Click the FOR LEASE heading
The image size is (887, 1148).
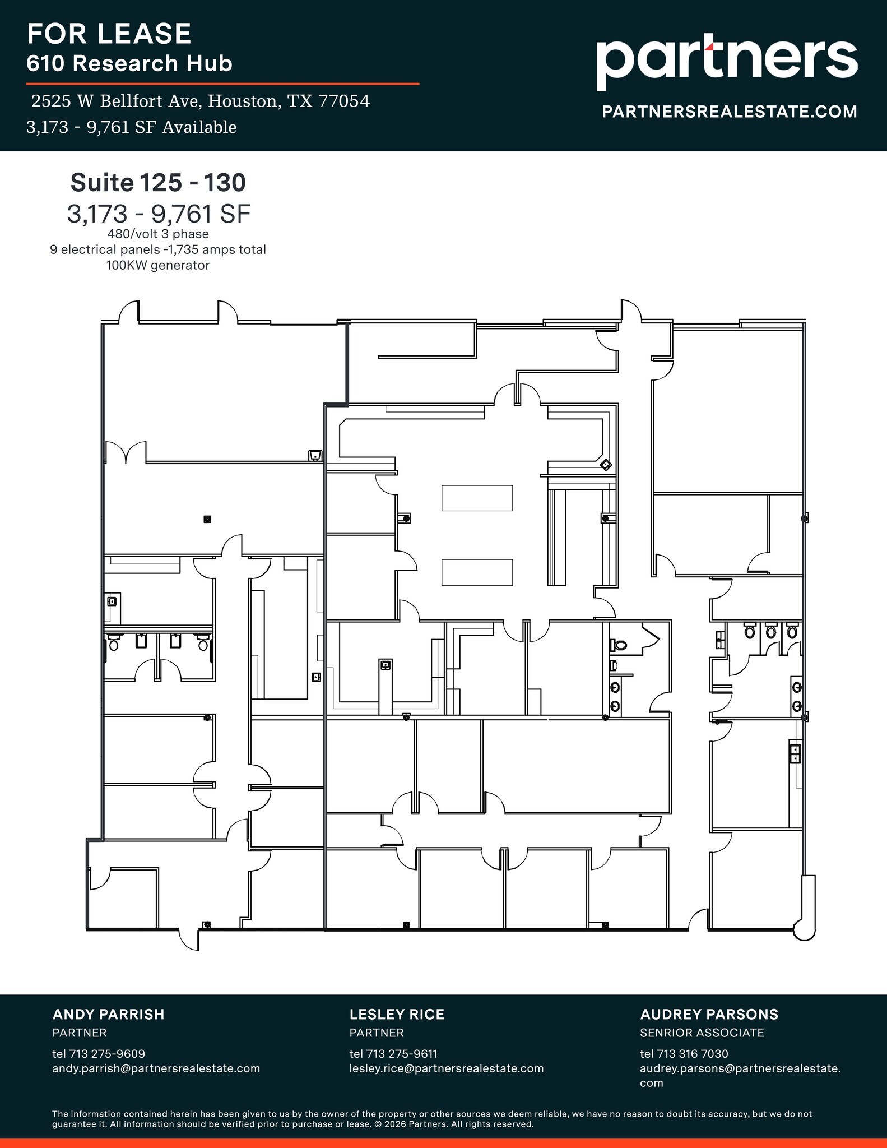(x=109, y=34)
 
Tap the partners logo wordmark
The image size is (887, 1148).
(x=726, y=59)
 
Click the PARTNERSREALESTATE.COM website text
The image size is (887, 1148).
(x=729, y=112)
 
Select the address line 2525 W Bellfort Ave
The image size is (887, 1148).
(x=200, y=101)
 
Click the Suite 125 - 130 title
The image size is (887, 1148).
(x=158, y=183)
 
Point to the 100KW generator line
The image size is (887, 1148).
(x=158, y=266)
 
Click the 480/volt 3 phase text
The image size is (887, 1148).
(x=158, y=234)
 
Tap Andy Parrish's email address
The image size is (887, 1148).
(x=156, y=1068)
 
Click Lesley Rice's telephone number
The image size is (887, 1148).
(x=393, y=1054)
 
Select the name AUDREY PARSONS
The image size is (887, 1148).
(x=709, y=1015)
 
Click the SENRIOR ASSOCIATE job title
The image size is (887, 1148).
(x=702, y=1033)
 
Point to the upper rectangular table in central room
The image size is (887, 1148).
(x=477, y=498)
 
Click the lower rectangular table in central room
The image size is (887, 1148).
(x=477, y=572)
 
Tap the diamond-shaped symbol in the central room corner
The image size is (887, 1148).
(x=606, y=465)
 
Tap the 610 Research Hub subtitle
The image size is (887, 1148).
(x=129, y=64)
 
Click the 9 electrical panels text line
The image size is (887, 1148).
(x=158, y=250)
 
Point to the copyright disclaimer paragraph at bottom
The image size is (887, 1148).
(x=431, y=1118)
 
